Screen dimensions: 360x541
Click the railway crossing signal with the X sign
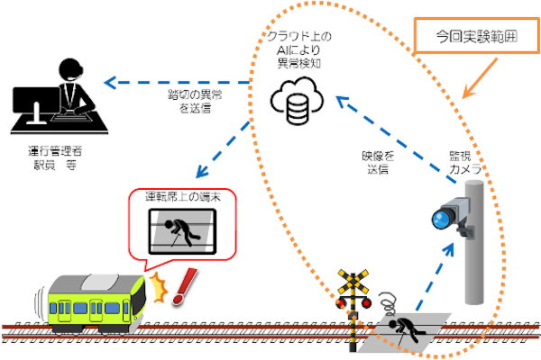tap(353, 288)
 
